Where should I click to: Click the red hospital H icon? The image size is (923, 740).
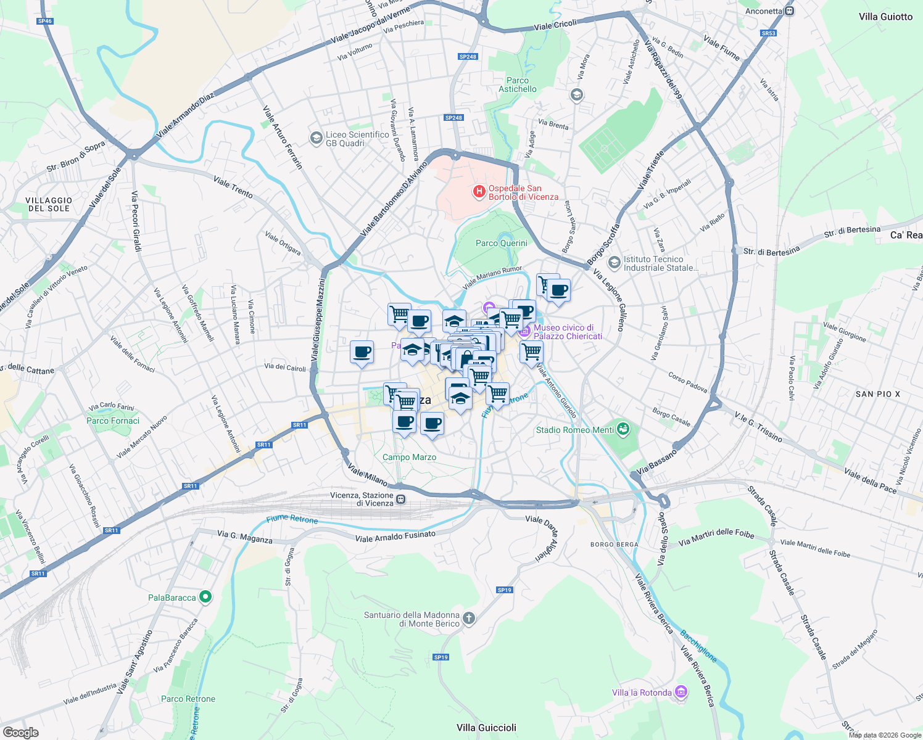click(479, 192)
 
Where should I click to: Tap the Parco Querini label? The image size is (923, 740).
click(501, 243)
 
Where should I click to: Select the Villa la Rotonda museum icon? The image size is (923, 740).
click(681, 693)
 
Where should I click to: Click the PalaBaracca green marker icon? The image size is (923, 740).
click(206, 597)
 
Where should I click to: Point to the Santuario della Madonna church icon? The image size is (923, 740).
click(469, 619)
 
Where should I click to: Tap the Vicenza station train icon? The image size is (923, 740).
click(401, 499)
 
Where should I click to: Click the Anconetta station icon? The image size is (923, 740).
click(789, 11)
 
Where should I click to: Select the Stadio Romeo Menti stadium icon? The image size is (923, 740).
click(623, 429)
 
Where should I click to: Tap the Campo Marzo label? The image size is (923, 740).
click(409, 457)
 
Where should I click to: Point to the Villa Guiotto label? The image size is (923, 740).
click(885, 17)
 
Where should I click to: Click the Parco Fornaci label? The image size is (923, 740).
click(113, 421)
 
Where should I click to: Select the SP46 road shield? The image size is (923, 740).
click(44, 21)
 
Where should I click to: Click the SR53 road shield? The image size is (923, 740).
click(768, 33)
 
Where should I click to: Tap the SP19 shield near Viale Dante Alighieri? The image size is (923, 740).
click(505, 590)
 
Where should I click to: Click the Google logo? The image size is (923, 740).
click(20, 733)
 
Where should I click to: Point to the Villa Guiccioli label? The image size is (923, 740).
click(486, 728)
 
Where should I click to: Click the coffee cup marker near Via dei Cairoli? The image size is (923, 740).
click(362, 353)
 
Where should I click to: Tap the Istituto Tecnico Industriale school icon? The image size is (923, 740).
click(614, 263)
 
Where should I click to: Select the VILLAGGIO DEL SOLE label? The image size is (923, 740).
click(49, 204)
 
